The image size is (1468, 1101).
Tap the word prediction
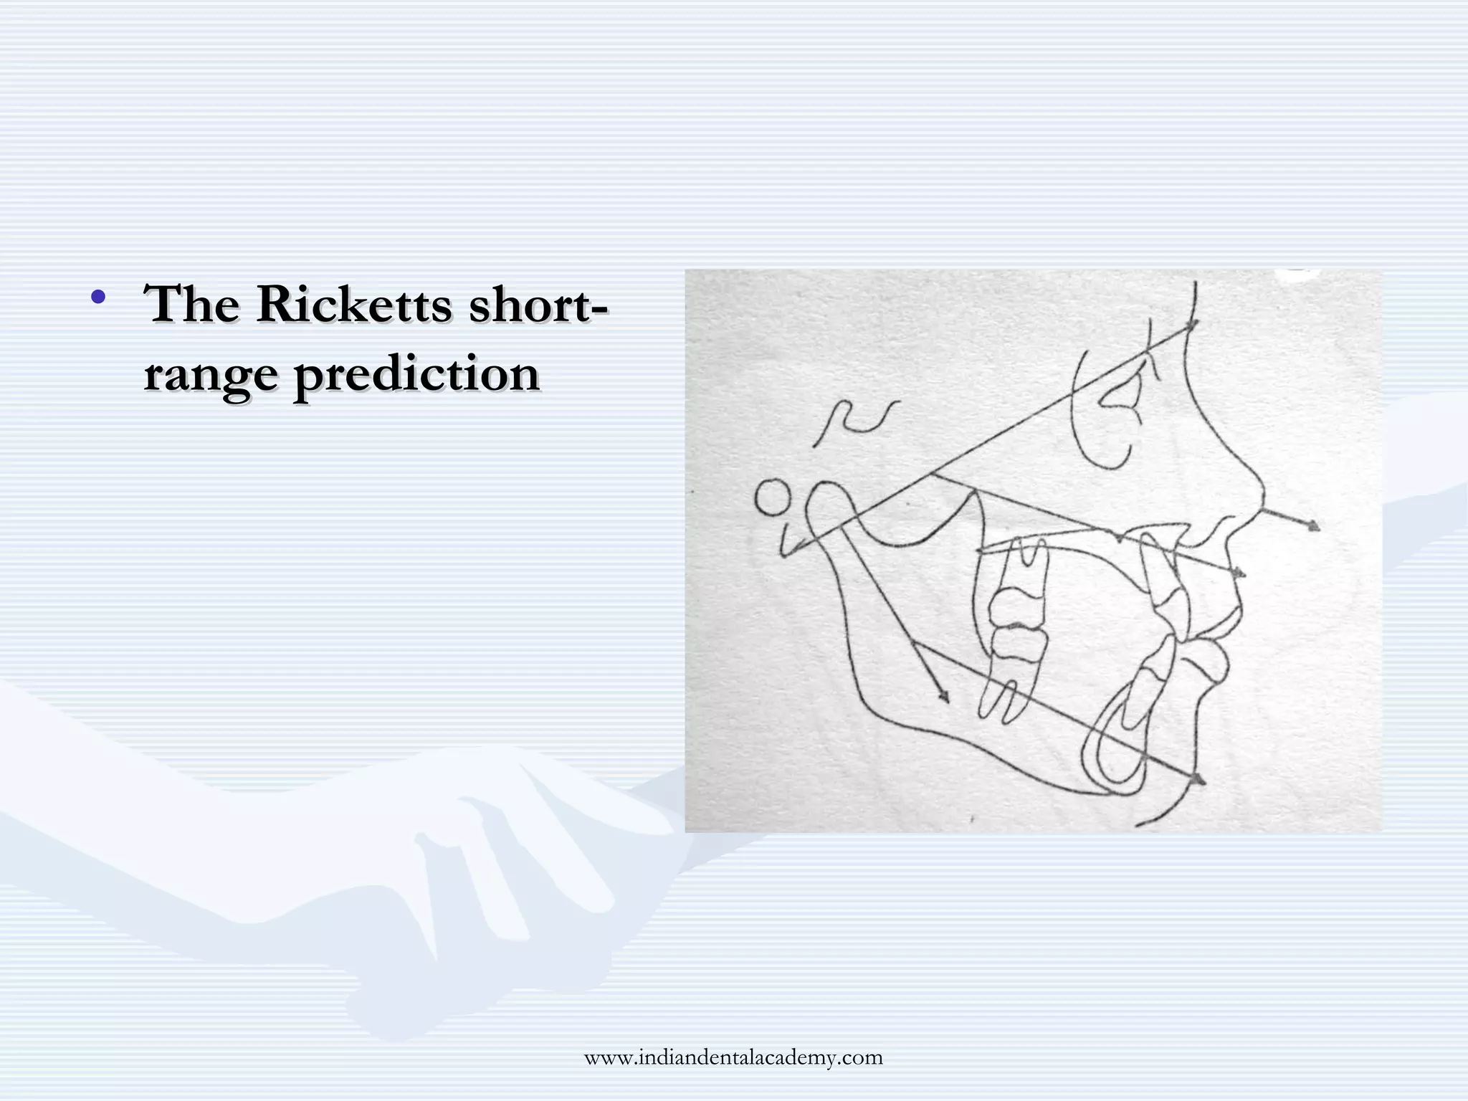[416, 375]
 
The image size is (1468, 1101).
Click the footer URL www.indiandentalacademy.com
[733, 1057]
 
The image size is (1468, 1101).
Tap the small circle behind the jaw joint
[773, 498]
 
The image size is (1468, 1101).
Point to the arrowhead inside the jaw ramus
[943, 697]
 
